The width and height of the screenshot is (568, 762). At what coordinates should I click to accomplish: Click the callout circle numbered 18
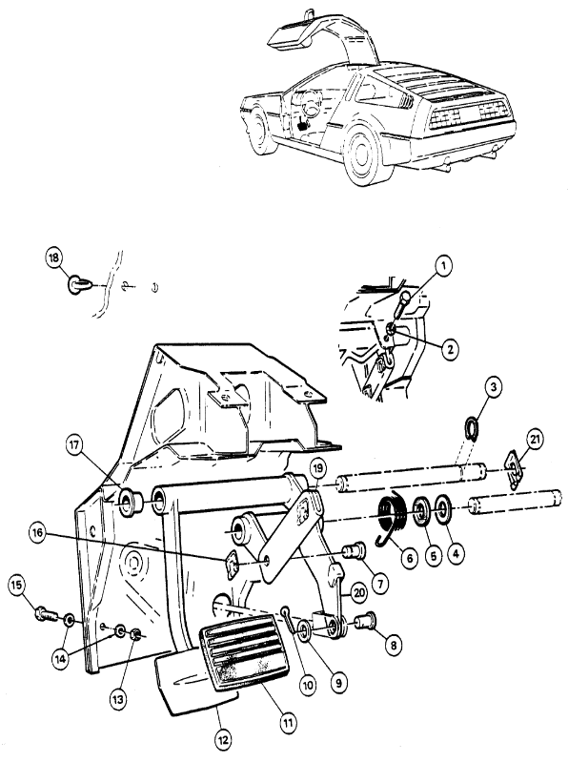click(53, 258)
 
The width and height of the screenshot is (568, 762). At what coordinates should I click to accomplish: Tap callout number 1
click(443, 266)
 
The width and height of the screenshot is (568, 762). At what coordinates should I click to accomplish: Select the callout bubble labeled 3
click(494, 387)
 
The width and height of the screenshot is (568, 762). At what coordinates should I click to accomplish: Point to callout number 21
click(535, 440)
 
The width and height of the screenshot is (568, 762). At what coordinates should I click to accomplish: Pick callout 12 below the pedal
click(224, 740)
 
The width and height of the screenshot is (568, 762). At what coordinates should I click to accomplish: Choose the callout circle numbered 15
click(16, 586)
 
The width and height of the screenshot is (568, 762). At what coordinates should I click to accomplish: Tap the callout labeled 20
click(358, 593)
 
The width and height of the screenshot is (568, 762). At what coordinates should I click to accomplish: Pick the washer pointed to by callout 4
click(443, 509)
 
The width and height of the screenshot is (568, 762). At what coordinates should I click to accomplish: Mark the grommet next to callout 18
click(76, 284)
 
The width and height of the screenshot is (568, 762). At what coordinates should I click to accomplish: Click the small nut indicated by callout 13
click(136, 634)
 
